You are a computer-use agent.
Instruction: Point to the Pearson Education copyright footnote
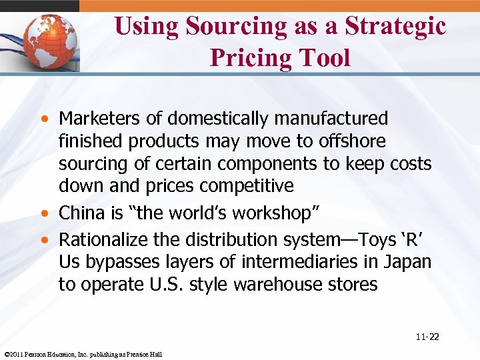83,354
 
